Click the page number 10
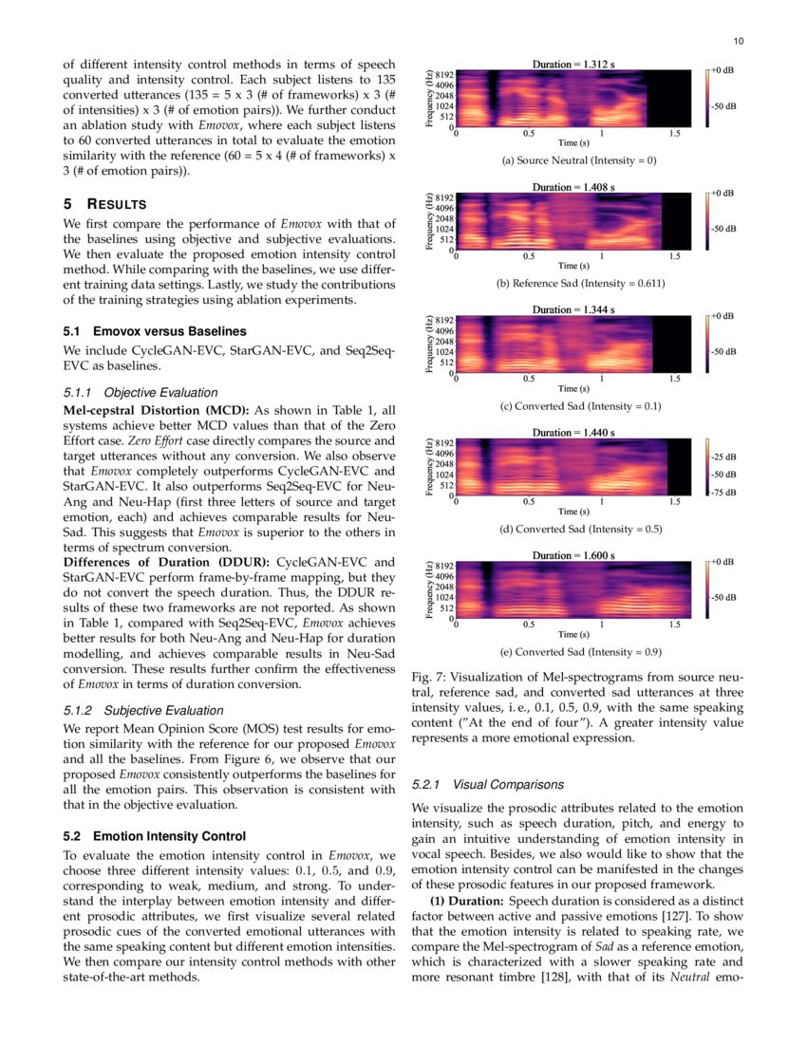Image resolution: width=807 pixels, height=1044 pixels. pyautogui.click(x=740, y=40)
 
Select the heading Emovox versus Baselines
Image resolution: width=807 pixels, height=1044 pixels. pyautogui.click(x=153, y=331)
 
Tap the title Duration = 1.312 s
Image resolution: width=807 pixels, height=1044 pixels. pyautogui.click(x=573, y=65)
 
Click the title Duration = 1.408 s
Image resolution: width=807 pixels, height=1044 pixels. pyautogui.click(x=573, y=187)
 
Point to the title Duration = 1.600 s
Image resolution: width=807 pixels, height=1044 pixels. pyautogui.click(x=573, y=555)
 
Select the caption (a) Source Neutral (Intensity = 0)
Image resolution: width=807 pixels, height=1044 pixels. pyautogui.click(x=579, y=160)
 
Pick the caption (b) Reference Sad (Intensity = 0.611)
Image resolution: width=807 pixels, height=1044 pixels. pyautogui.click(x=579, y=284)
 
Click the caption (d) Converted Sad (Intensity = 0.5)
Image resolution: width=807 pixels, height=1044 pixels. pyautogui.click(x=579, y=529)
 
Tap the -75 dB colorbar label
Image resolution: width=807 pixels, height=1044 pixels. pyautogui.click(x=723, y=492)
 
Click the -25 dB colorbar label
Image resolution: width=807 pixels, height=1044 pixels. pyautogui.click(x=723, y=457)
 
